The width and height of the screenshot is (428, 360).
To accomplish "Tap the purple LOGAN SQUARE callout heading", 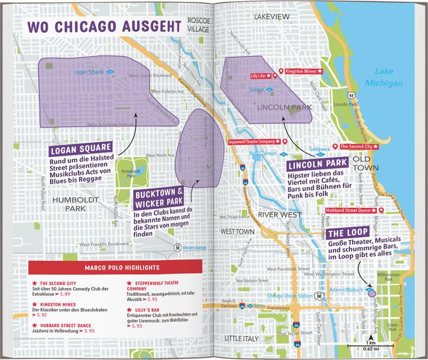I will pyautogui.click(x=80, y=149).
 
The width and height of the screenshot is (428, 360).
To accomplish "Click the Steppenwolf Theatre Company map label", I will pyautogui.click(x=252, y=142).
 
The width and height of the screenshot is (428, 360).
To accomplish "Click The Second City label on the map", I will pyautogui.click(x=361, y=146).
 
